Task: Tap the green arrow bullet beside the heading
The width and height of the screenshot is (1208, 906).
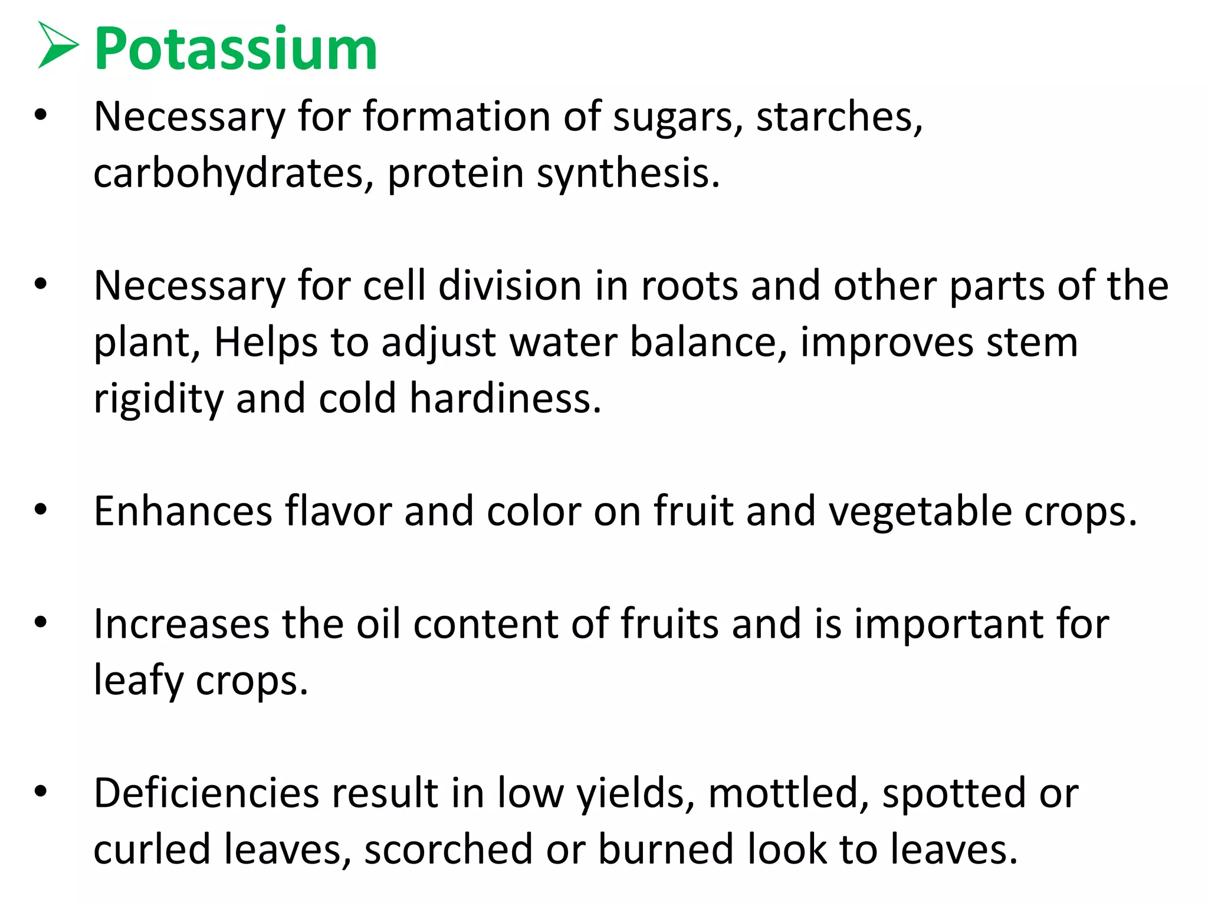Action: click(x=57, y=45)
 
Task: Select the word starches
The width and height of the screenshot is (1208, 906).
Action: click(x=839, y=117)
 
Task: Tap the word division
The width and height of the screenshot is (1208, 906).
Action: click(x=510, y=286)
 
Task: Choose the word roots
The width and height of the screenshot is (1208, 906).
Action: click(x=689, y=286)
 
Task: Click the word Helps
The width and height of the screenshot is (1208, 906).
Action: click(x=265, y=343)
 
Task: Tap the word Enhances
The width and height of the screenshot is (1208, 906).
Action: click(x=183, y=511)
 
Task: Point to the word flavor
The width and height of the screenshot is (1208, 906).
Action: click(x=339, y=511)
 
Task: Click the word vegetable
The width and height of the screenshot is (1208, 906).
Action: click(x=920, y=511)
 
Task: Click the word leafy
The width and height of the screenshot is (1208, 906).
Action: click(x=139, y=681)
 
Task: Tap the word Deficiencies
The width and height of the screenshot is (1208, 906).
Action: click(x=206, y=793)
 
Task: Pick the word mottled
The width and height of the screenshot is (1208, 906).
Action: click(x=788, y=793)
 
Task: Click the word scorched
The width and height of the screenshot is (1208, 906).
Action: click(x=448, y=850)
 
